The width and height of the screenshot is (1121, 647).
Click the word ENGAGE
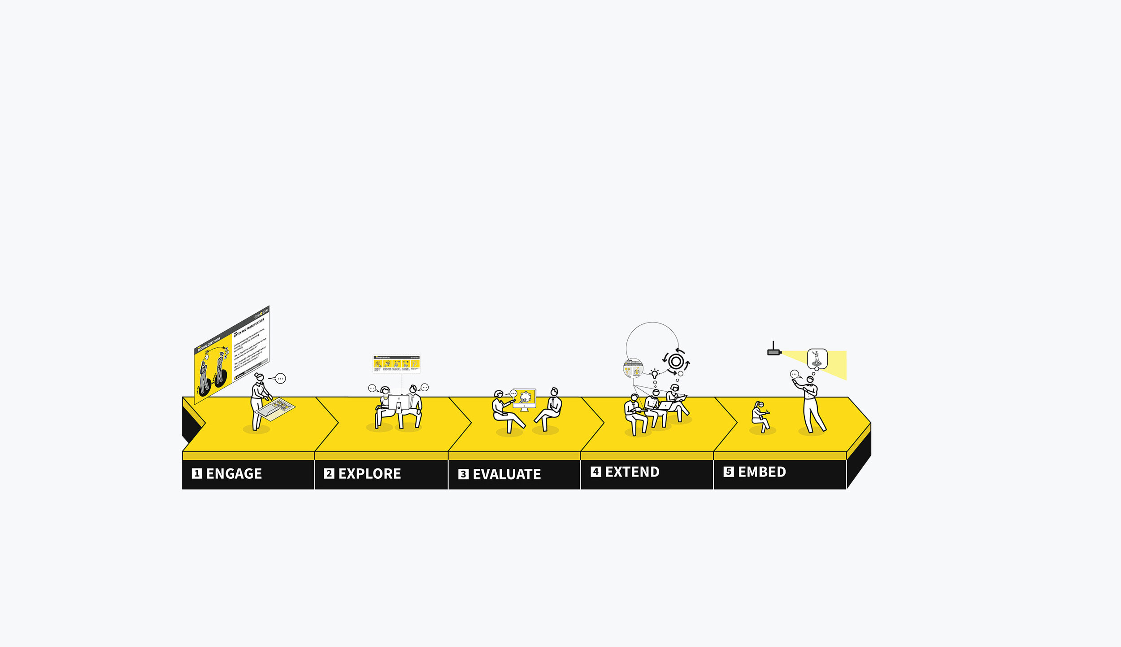click(x=234, y=474)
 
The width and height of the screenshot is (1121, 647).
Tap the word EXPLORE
click(x=369, y=474)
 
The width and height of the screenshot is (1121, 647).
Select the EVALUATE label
click(x=507, y=474)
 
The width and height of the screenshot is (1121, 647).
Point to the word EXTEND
click(x=632, y=472)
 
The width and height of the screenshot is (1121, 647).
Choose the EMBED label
click(x=762, y=472)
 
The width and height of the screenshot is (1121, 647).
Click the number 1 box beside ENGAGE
click(x=197, y=473)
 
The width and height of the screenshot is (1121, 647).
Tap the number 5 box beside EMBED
click(x=729, y=472)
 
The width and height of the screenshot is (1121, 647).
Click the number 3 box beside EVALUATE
click(x=463, y=474)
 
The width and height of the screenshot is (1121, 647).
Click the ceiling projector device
click(x=774, y=352)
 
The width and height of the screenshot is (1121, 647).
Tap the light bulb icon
click(x=655, y=373)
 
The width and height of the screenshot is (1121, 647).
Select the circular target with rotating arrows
click(x=676, y=361)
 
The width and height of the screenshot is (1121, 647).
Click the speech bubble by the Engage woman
click(x=280, y=379)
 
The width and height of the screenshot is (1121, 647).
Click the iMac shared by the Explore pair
click(x=398, y=402)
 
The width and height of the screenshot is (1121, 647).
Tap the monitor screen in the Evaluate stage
click(x=525, y=398)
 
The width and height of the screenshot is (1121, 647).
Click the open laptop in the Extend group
click(x=666, y=405)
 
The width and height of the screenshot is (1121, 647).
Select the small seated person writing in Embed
click(x=760, y=416)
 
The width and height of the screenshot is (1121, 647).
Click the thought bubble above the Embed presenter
click(x=817, y=359)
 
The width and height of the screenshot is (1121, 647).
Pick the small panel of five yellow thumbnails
click(x=396, y=364)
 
